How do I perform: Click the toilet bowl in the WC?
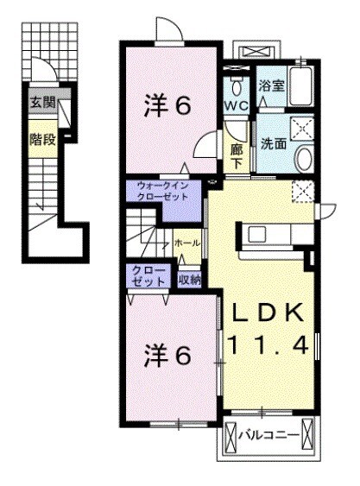[x=237, y=85]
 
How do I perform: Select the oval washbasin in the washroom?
[x=304, y=159]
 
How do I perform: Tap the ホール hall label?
[x=187, y=244]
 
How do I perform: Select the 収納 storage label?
[x=190, y=279]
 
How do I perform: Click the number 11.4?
[x=268, y=345]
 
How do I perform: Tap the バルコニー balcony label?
[x=270, y=436]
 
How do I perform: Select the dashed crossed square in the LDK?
[x=303, y=192]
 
